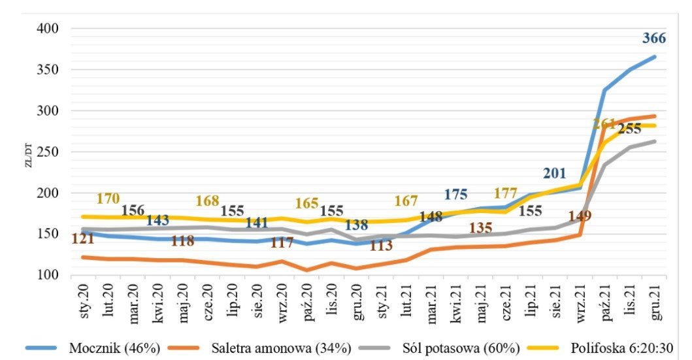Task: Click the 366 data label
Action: click(x=653, y=39)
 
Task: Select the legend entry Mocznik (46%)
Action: click(x=114, y=347)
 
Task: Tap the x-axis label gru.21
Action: click(x=656, y=299)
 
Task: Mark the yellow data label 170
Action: click(x=108, y=199)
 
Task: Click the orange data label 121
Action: click(x=83, y=239)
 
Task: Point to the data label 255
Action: click(x=629, y=129)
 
